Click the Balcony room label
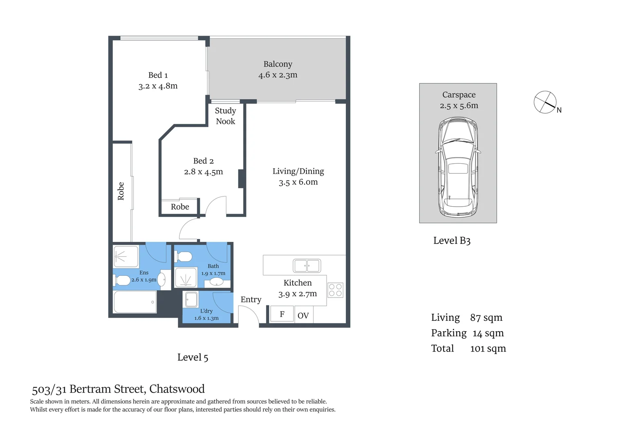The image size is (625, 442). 278,64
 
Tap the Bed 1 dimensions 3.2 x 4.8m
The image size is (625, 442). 158,86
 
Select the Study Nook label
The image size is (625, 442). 225,116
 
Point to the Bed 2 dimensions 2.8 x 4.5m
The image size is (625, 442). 203,172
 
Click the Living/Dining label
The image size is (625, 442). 298,171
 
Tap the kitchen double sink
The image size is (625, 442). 307,266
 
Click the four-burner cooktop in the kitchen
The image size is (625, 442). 335,290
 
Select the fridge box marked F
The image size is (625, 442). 282,314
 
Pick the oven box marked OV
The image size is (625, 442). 303,316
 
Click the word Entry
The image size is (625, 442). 251,300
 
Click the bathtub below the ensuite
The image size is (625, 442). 134,302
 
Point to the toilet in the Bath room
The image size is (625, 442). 184,257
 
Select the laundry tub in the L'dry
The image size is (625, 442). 191,299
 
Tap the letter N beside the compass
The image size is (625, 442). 559,110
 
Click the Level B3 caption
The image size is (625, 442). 452,241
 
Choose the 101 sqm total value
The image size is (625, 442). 488,349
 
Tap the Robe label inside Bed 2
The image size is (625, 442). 180,207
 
